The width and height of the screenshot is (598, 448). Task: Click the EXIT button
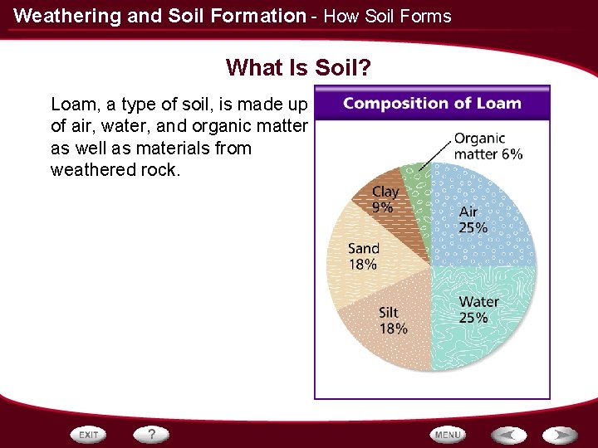[x=89, y=434]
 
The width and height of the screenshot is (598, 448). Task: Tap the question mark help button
[x=152, y=434]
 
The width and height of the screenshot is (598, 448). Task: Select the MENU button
[x=448, y=434]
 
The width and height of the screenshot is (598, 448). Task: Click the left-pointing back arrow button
[x=507, y=434]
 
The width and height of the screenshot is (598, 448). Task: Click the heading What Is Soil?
[x=298, y=66]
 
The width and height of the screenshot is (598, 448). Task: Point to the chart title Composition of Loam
[x=432, y=104]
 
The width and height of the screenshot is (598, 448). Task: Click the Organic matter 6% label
[x=488, y=147]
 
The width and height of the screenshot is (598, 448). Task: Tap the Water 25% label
[x=478, y=309]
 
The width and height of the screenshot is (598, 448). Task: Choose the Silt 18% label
[x=392, y=320]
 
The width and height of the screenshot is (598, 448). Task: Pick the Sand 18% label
[x=364, y=256]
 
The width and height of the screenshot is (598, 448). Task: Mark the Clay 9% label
[x=385, y=199]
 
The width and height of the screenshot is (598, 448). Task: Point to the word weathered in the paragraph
[x=89, y=170]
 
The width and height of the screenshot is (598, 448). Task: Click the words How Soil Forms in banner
[x=387, y=16]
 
